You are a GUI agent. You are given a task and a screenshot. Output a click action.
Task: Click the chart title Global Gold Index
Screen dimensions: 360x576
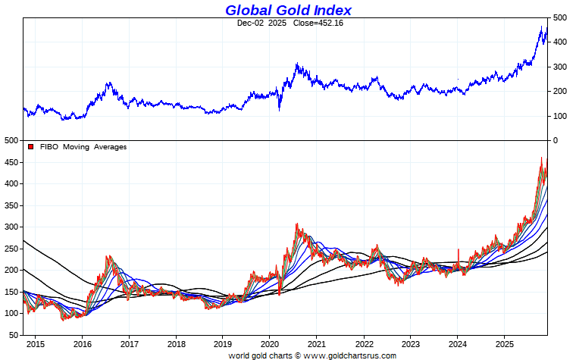point(288,10)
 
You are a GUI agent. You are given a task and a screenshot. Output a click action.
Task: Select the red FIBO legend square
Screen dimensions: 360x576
point(30,147)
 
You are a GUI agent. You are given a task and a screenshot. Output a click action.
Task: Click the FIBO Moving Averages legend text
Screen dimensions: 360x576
point(83,147)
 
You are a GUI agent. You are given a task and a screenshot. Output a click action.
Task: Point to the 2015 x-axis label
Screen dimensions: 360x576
point(36,343)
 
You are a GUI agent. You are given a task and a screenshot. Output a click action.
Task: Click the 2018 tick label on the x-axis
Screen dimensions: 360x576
point(176,343)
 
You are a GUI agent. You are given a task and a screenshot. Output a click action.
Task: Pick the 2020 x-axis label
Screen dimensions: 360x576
point(270,343)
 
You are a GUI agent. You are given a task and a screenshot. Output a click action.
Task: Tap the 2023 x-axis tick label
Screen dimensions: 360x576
point(410,343)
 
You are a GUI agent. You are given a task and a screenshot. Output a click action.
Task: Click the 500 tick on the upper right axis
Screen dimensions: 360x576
point(559,17)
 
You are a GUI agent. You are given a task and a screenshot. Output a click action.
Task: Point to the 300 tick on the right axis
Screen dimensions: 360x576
point(559,67)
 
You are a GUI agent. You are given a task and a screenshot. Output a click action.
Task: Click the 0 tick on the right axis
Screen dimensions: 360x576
point(555,141)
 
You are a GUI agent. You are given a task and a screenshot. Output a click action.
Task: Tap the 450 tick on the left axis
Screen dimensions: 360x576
point(11,162)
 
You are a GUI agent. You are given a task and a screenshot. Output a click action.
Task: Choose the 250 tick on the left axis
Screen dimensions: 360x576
point(11,249)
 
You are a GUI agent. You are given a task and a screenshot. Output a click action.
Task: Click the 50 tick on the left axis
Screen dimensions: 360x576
point(13,335)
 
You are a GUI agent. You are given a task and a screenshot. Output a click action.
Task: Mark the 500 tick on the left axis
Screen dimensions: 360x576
point(11,141)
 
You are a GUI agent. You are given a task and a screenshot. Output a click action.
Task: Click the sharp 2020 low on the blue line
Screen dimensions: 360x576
point(280,109)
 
